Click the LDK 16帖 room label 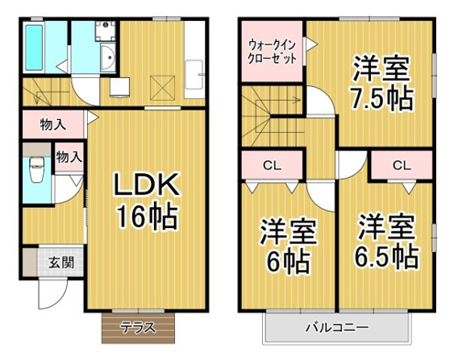(x=146, y=201)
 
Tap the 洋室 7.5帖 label (x=382, y=83)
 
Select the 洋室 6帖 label (x=288, y=245)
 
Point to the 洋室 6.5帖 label (x=386, y=241)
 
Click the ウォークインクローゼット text (x=272, y=51)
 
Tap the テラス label (x=138, y=328)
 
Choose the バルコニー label (x=337, y=328)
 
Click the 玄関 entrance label (x=61, y=263)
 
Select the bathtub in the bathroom (x=34, y=48)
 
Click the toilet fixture (x=38, y=169)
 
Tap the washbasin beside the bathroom (x=107, y=58)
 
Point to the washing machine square (x=105, y=31)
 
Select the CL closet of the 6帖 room (x=272, y=165)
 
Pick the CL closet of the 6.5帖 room (x=402, y=165)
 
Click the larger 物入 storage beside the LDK (x=53, y=125)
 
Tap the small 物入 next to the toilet (x=69, y=158)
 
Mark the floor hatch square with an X (x=163, y=88)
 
